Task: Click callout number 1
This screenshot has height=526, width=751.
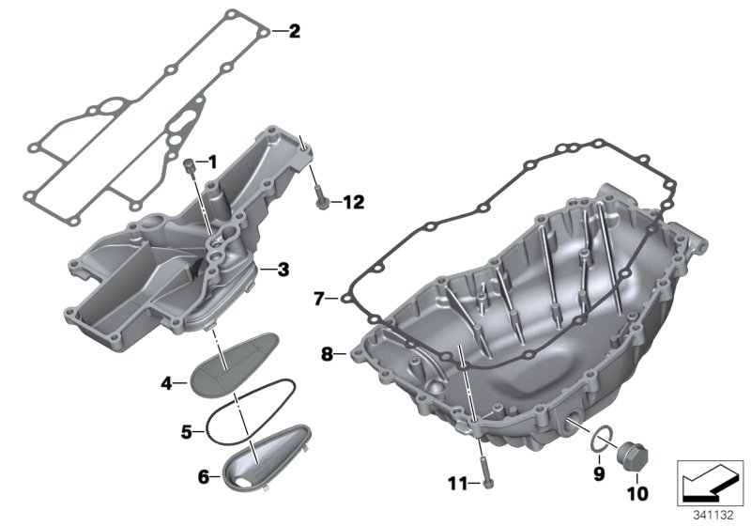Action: click(x=212, y=162)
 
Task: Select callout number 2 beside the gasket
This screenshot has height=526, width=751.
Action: click(x=294, y=32)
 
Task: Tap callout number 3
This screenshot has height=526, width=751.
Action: click(x=283, y=269)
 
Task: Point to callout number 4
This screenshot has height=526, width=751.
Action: click(x=166, y=382)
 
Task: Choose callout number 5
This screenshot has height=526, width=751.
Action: click(x=187, y=432)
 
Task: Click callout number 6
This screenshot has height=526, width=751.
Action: click(x=204, y=477)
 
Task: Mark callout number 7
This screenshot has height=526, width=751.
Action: click(x=318, y=300)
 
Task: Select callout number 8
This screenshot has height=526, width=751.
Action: click(x=328, y=354)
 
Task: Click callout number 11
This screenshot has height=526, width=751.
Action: click(x=456, y=484)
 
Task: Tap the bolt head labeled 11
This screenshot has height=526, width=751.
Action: click(x=488, y=482)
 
